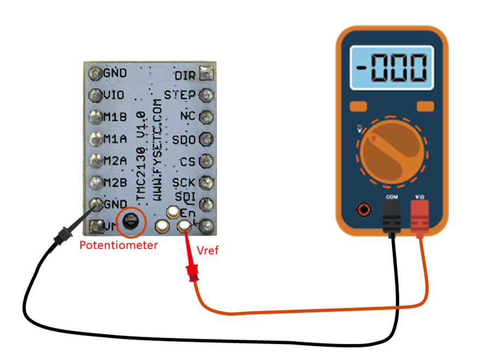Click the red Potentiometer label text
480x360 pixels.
[x=118, y=245]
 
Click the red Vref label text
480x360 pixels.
[x=207, y=251]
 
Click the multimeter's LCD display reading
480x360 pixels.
[x=392, y=68]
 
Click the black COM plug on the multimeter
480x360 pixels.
[x=391, y=215]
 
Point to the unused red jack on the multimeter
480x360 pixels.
[x=362, y=209]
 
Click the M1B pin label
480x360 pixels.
[x=115, y=117]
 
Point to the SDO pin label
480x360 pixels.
[x=184, y=139]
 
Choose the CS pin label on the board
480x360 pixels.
[x=187, y=162]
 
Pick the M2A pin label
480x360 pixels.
[x=115, y=161]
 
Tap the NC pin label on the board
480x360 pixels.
[x=187, y=116]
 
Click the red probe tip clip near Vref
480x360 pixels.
[x=192, y=270]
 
